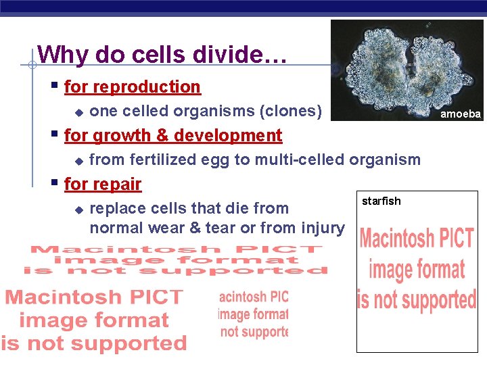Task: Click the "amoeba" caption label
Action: pyautogui.click(x=461, y=114)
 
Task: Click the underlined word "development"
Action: pyautogui.click(x=229, y=136)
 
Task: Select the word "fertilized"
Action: pyautogui.click(x=163, y=160)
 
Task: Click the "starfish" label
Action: pyautogui.click(x=381, y=201)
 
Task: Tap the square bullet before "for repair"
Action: pyautogui.click(x=55, y=183)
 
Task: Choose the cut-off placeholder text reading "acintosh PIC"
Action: pyautogui.click(x=254, y=297)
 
